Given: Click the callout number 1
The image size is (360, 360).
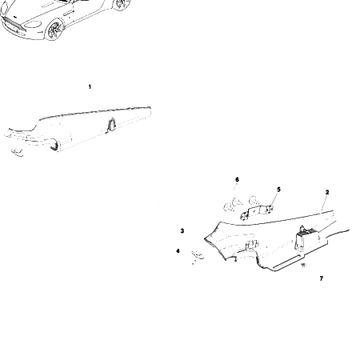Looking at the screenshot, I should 90,86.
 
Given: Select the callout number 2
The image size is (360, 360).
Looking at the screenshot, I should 327,193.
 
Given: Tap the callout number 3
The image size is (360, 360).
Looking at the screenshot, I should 182,231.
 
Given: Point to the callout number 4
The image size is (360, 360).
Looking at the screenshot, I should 178,251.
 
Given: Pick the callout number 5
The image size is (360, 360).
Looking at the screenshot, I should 278,190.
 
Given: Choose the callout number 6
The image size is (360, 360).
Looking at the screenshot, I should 237,180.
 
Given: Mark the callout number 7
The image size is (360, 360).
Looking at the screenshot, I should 321,278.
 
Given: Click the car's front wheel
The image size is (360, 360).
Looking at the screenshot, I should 55,30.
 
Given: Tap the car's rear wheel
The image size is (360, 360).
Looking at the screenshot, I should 120,4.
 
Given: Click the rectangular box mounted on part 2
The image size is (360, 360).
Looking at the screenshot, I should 309,237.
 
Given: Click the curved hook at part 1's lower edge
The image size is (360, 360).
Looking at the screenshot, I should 54,145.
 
